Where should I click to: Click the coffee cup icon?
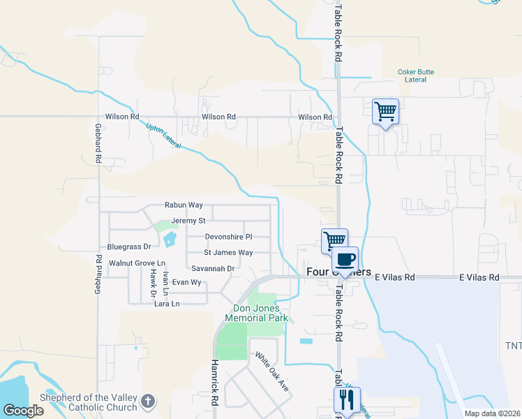[x=345, y=260]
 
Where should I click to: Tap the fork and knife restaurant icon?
[x=347, y=400]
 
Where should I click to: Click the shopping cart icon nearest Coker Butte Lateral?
[x=385, y=111]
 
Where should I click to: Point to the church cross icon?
[x=147, y=401]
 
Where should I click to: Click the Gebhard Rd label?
[x=98, y=145]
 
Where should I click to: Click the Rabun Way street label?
[x=184, y=205]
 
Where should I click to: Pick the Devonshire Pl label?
[x=228, y=237]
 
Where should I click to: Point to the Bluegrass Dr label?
[x=129, y=247]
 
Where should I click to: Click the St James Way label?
[x=228, y=253]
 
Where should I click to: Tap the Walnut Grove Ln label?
[x=137, y=263]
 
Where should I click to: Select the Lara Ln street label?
[x=167, y=304]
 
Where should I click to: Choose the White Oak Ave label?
[x=271, y=372]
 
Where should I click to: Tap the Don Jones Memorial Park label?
[x=257, y=312]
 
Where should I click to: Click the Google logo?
[x=23, y=411]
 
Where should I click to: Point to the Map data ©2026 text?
[x=491, y=413]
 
